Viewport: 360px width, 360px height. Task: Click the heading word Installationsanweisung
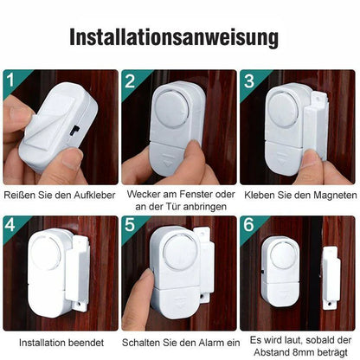(174, 37)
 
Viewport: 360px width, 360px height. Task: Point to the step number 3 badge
(248, 80)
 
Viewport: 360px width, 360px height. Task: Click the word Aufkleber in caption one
(94, 196)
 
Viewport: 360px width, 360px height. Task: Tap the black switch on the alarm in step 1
(75, 131)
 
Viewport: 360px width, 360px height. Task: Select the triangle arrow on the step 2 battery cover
(168, 162)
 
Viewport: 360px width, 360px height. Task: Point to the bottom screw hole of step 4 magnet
(80, 304)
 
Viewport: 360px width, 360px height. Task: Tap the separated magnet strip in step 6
(331, 278)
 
